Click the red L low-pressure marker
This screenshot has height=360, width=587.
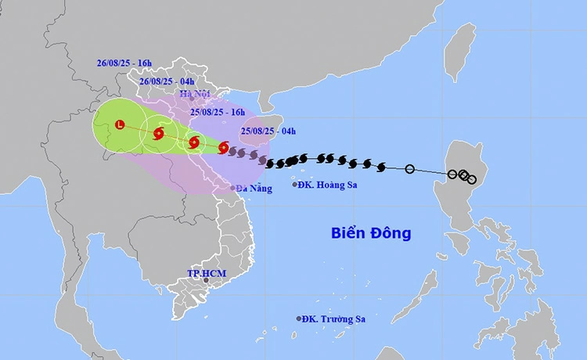120,124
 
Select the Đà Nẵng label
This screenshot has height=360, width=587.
255,189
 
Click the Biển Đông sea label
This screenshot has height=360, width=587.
371,233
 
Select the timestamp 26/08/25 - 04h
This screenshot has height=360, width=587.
167,81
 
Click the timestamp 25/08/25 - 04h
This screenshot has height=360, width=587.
268,131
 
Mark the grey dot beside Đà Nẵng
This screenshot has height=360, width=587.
234,188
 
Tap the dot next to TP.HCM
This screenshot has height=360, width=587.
206,280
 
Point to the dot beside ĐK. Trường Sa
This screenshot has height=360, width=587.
299,319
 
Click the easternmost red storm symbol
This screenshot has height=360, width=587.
224,146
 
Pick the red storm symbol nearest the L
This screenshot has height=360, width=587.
159,134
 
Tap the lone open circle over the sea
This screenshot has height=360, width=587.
409,168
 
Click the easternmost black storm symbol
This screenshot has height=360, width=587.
381,166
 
